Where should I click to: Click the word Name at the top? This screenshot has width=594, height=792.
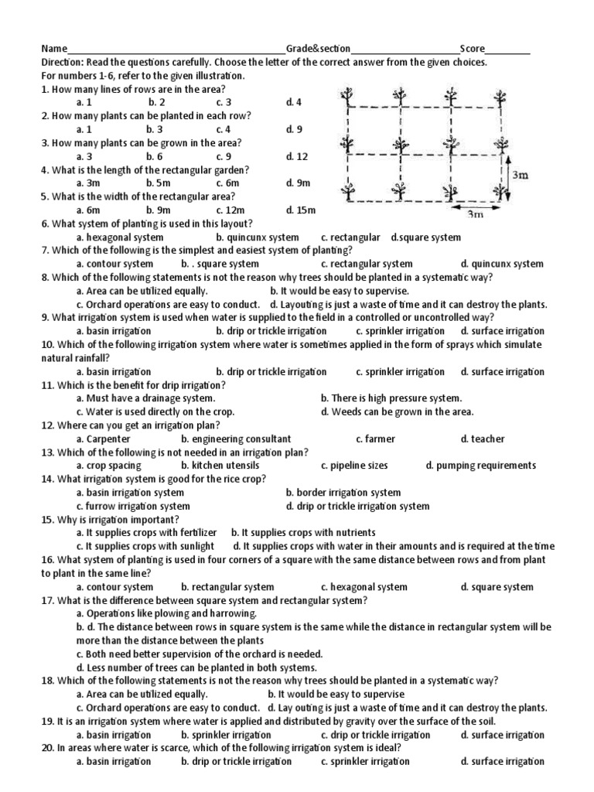tap(55, 49)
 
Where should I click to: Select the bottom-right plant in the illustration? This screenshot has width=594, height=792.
tap(503, 190)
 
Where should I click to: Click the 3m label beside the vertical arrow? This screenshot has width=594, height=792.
tap(521, 176)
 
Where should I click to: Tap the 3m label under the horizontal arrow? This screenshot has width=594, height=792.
tap(474, 216)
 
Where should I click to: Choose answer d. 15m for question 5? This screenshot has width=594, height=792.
tap(300, 210)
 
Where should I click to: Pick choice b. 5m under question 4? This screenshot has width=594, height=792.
tap(160, 183)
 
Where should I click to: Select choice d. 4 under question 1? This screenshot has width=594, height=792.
tap(293, 102)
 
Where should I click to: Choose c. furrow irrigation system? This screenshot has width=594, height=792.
tap(133, 506)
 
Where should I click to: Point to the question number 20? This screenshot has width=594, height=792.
tap(47, 748)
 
